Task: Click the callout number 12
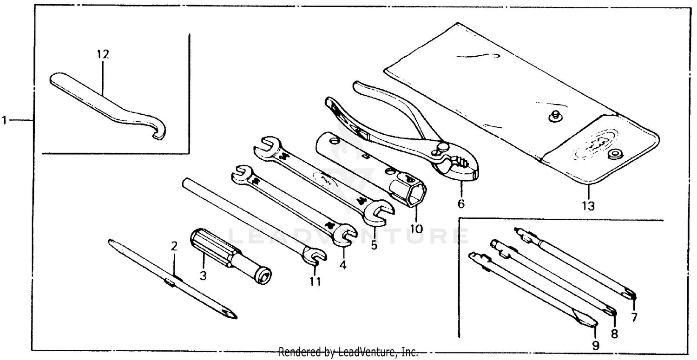(103, 54)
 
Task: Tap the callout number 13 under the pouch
(588, 205)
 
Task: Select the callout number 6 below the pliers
(460, 203)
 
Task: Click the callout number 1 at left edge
(5, 121)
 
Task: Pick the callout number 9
(596, 345)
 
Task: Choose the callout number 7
(634, 318)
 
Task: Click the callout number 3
(203, 275)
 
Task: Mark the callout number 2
(174, 246)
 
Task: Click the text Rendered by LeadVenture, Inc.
(348, 352)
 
